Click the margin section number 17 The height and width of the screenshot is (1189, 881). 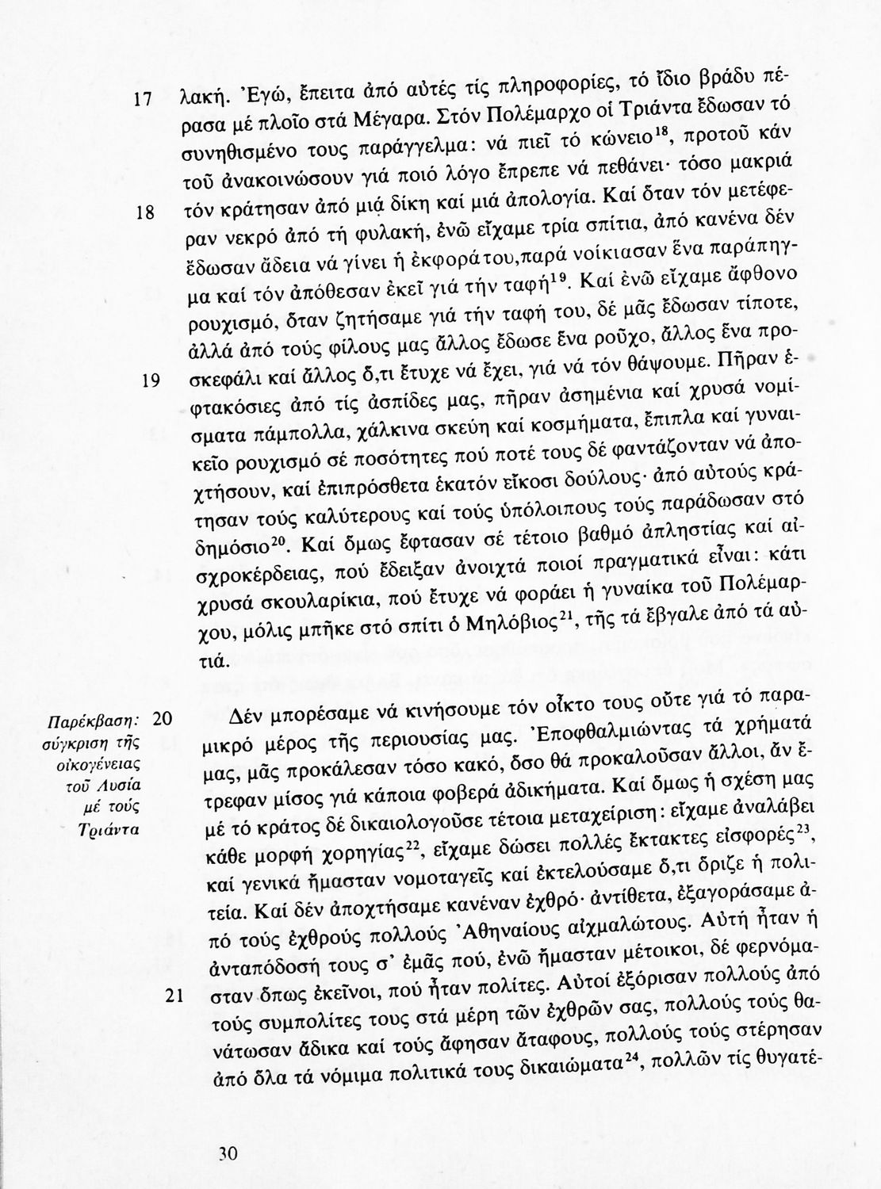point(143,101)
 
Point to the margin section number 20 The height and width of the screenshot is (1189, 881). point(162,719)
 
